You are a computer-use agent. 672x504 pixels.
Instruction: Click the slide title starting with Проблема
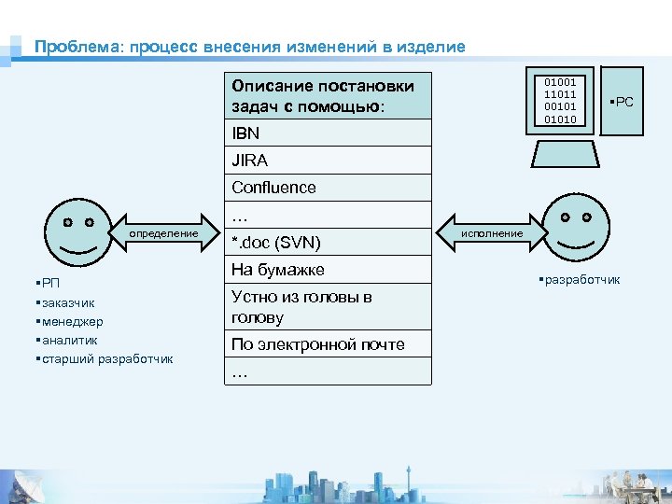[249, 47]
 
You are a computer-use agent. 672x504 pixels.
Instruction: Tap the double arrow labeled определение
[163, 233]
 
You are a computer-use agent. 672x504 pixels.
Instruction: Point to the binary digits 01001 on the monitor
[560, 83]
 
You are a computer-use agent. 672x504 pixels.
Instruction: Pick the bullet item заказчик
[66, 303]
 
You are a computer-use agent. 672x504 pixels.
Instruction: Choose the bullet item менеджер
[69, 322]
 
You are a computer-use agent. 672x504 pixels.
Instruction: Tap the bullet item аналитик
[67, 341]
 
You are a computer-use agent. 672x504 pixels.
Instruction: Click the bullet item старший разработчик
[105, 359]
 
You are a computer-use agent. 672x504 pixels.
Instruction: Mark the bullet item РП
[49, 284]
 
